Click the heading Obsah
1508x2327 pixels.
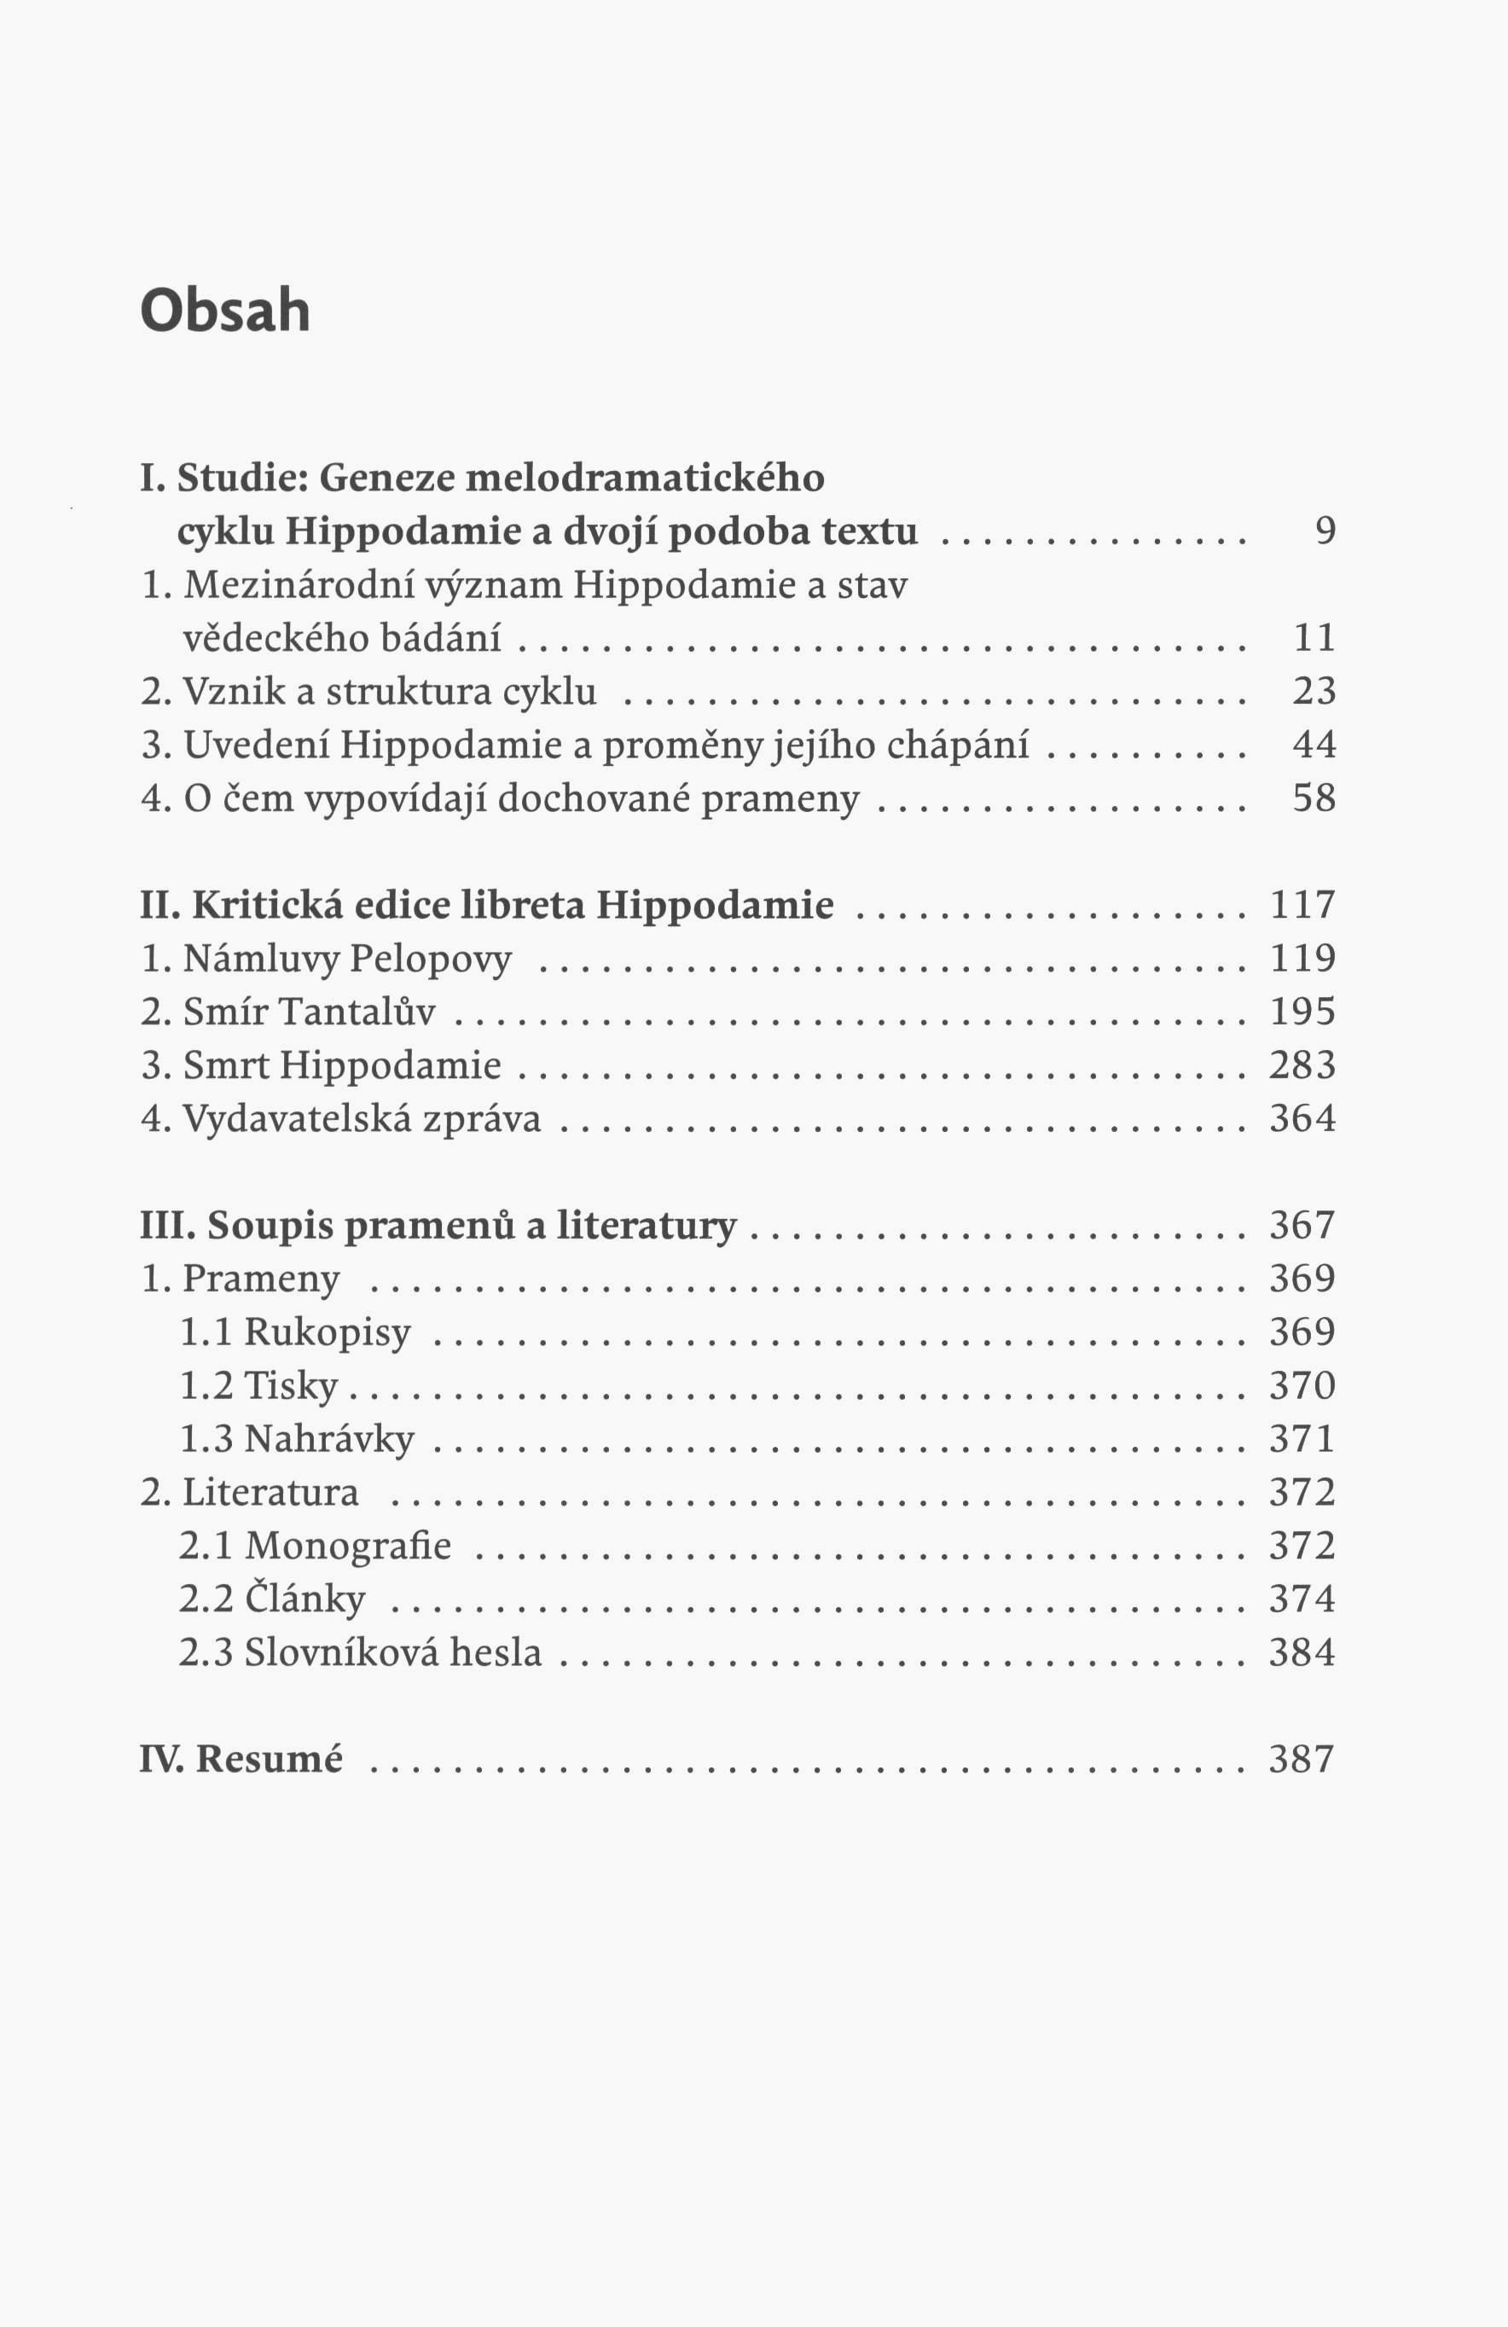(225, 310)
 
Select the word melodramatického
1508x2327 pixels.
(645, 479)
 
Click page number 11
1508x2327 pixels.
(1314, 637)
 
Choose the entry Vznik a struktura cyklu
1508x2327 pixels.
(368, 691)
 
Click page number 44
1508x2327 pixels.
(1314, 745)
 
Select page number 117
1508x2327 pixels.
(1302, 904)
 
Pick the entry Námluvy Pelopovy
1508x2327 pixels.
(327, 959)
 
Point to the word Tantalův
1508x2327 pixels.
(357, 1012)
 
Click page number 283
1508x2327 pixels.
(1302, 1065)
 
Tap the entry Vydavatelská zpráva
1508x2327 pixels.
(341, 1119)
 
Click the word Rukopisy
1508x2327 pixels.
(327, 1332)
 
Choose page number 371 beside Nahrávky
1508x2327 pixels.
(1302, 1439)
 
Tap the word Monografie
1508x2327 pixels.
(347, 1546)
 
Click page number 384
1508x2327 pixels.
(1302, 1652)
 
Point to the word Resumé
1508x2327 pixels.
(269, 1759)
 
